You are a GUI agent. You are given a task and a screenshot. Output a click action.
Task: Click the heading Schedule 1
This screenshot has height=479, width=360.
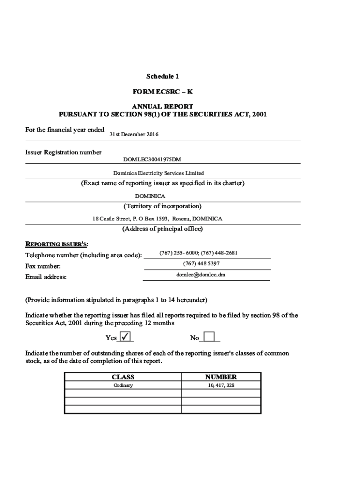click(162, 76)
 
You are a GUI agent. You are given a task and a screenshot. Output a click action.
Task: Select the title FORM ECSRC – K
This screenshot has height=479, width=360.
click(162, 92)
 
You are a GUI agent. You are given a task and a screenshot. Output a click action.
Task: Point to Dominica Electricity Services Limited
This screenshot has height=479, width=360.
click(158, 173)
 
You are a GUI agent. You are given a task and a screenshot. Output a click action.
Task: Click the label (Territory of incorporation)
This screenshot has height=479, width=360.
click(162, 206)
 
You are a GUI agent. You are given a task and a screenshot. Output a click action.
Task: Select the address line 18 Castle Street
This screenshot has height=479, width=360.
click(157, 218)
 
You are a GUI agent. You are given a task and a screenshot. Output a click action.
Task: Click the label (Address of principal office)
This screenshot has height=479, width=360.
click(162, 229)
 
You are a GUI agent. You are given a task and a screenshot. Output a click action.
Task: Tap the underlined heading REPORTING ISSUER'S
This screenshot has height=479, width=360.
click(56, 244)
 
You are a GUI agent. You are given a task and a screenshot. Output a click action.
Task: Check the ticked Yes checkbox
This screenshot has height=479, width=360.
click(125, 337)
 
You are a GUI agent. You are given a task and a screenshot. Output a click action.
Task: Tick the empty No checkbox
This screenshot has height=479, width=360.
click(209, 337)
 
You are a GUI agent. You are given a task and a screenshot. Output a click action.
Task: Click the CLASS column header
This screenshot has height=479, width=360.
click(123, 377)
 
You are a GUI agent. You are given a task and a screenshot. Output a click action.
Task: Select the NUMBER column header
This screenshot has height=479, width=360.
click(221, 377)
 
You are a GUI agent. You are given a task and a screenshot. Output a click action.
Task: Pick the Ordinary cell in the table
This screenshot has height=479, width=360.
click(123, 385)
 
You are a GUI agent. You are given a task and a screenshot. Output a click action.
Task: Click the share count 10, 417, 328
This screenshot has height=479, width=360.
click(221, 385)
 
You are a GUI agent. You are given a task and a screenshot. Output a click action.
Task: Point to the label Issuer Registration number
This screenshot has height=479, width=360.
click(63, 152)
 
